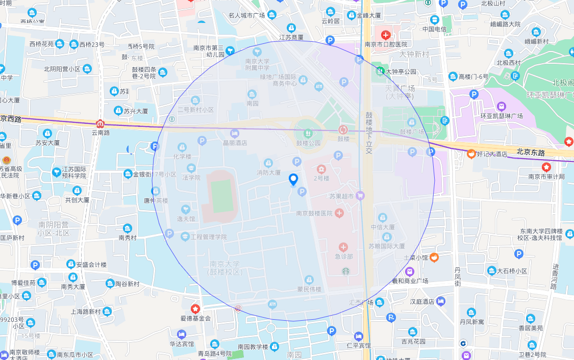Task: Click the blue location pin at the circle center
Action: [x=293, y=179]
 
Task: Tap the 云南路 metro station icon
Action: [x=101, y=123]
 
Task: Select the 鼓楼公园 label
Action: [x=308, y=143]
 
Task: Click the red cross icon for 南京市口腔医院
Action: [x=386, y=35]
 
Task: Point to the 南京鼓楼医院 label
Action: [x=314, y=213]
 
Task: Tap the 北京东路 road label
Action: [x=530, y=152]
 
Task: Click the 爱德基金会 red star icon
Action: [x=195, y=308]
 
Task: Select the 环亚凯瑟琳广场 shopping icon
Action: [x=502, y=106]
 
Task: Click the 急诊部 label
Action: [x=343, y=256]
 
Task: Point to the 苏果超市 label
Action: [x=341, y=195]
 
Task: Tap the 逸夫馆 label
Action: [x=186, y=219]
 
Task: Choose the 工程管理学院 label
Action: [x=208, y=237]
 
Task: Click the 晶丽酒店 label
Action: [x=235, y=143]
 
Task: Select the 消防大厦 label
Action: [x=268, y=172]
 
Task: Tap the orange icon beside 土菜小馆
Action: [x=434, y=258]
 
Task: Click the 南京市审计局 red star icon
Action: [x=546, y=167]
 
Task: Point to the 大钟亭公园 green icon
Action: [x=380, y=71]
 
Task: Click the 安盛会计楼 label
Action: [x=91, y=265]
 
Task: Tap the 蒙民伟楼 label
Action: [x=309, y=289]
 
